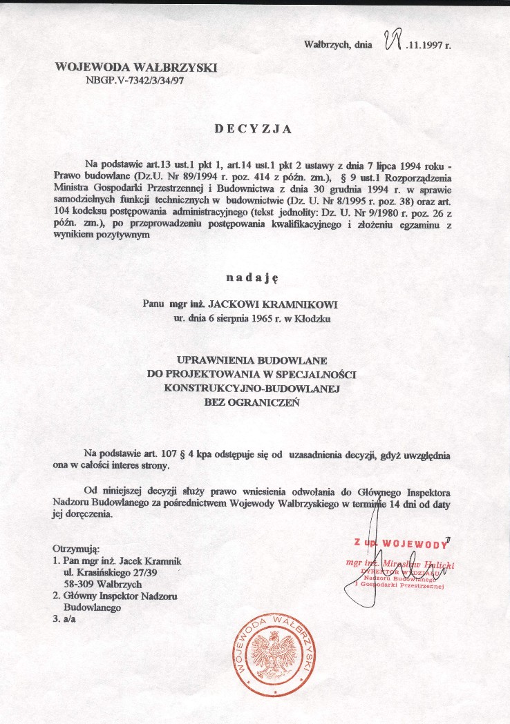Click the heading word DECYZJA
253,128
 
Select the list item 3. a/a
63,620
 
